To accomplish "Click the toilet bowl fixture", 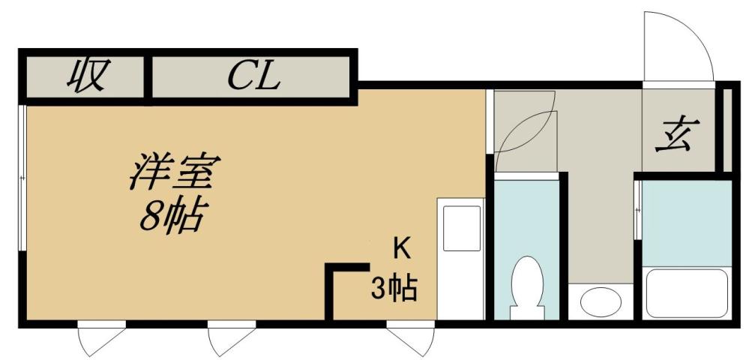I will [526, 286].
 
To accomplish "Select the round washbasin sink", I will [601, 302].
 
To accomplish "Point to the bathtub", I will [687, 295].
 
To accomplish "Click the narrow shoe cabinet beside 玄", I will [727, 129].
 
